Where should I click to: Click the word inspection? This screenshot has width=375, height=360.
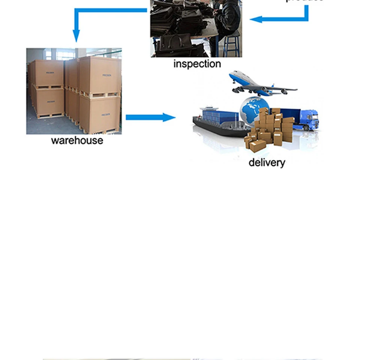click(x=197, y=64)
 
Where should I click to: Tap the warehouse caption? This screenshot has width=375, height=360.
click(x=77, y=140)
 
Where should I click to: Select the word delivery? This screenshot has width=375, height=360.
click(x=267, y=162)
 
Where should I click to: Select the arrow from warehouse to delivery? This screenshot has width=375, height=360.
click(x=150, y=117)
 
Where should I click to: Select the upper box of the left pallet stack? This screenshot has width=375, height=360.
click(x=49, y=73)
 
